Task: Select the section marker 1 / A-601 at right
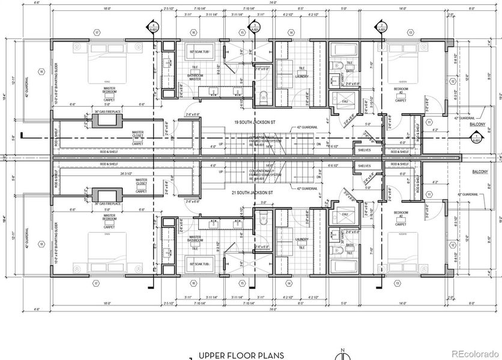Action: coord(477,141)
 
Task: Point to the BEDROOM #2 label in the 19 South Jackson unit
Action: coord(400,90)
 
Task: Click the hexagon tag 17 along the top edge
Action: coord(95,32)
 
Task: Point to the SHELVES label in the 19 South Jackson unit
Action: coord(364,150)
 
